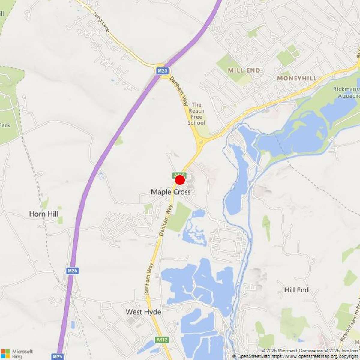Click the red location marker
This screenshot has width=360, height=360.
point(180,180)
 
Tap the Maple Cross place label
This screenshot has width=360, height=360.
point(171,192)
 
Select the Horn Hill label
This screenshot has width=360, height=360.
point(44,214)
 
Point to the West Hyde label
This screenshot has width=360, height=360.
point(143,312)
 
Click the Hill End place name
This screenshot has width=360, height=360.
point(296,290)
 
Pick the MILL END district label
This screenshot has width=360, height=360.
point(244,70)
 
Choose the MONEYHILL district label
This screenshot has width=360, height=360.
point(297,78)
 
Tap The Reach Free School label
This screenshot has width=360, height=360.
point(196,113)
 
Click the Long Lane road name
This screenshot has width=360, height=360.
point(101,22)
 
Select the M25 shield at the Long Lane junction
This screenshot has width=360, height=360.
point(162,71)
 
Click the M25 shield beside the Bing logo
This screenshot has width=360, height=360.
point(57,356)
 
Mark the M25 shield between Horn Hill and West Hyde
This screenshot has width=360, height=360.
point(72,271)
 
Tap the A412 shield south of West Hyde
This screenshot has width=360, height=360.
point(162,340)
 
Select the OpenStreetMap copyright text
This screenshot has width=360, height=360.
point(295,356)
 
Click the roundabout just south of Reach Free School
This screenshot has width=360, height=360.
point(200,141)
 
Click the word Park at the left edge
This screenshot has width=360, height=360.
point(5,125)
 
